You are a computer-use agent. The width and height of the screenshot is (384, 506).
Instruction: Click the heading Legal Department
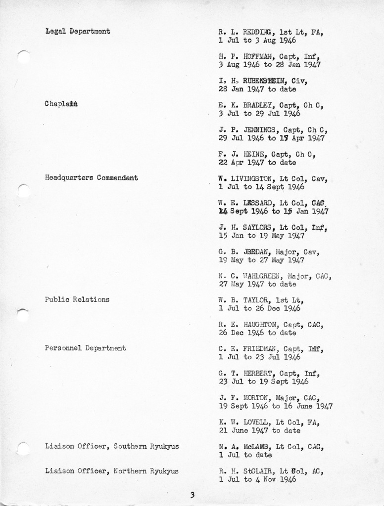pos(77,32)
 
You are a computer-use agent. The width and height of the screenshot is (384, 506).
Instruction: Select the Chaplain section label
pos(61,104)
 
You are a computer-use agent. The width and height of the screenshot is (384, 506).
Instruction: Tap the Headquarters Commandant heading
pos(91,177)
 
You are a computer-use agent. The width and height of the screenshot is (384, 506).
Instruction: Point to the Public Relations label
pos(77,299)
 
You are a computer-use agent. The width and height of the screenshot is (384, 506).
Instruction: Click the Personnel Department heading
pos(85,348)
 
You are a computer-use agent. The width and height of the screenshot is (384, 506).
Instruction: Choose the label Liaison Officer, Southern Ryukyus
pos(112,446)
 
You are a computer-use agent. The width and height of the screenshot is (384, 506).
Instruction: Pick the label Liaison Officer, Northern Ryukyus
pos(112,471)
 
